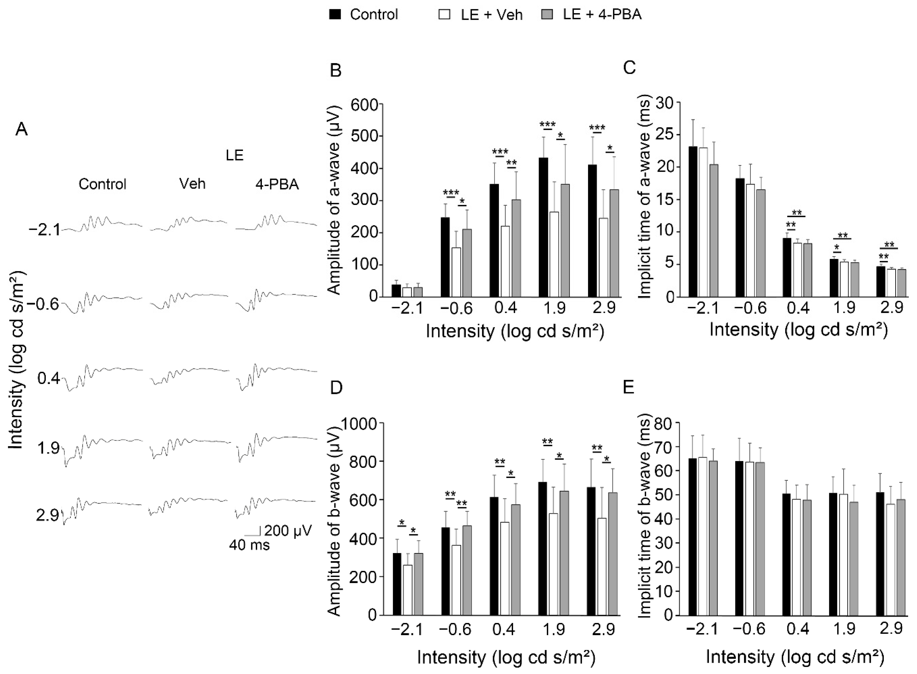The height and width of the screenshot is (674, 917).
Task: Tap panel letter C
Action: [629, 68]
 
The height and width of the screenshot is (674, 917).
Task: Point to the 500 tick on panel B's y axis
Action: [367, 136]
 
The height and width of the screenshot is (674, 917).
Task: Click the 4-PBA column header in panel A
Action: [277, 184]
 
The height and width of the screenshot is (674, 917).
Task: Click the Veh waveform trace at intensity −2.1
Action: [188, 224]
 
